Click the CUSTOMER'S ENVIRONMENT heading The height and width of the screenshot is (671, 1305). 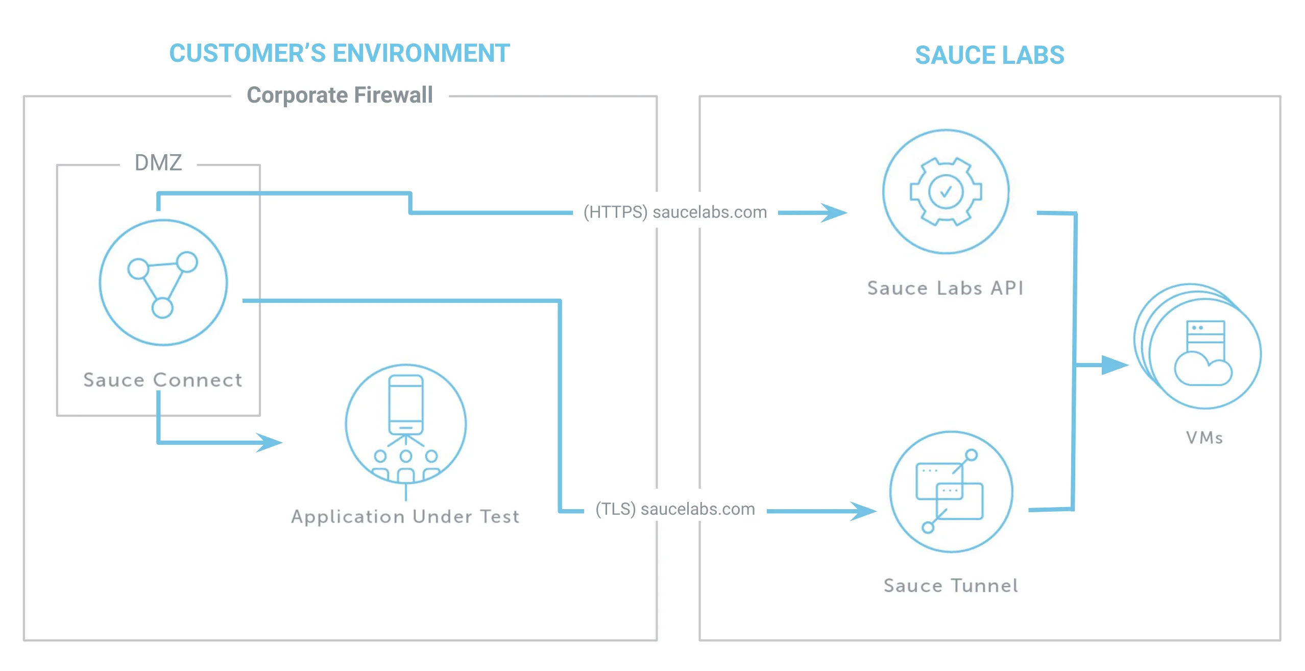340,54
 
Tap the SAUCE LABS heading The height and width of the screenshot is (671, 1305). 989,55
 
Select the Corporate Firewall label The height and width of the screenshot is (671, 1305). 340,95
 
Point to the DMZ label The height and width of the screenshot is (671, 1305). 158,163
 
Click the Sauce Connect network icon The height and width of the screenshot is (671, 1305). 163,282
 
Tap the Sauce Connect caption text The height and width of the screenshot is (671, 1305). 163,380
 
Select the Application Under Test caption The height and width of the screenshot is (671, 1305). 405,517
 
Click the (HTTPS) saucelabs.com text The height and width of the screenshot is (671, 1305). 675,212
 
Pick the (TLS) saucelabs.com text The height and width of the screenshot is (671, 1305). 675,509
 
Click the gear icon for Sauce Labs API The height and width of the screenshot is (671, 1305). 946,191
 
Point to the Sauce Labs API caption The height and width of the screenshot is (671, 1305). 946,288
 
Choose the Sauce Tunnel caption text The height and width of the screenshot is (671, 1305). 951,585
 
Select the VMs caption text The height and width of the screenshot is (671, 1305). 1204,438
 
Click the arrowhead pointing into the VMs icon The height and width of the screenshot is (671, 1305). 1116,365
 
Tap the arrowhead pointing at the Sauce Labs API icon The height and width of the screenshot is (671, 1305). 834,212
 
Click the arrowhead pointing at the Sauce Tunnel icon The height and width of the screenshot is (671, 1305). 864,511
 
